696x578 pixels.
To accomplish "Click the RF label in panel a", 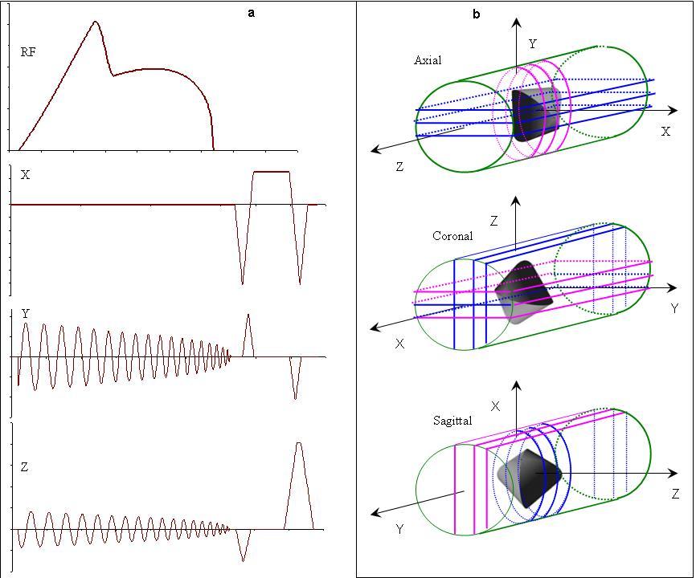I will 28,53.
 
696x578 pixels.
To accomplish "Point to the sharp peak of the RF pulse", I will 96,22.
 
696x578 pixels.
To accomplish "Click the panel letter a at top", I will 252,13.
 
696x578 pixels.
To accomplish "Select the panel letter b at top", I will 477,14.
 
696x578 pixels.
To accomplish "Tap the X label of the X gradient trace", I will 25,175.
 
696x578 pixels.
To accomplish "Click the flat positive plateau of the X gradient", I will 271,172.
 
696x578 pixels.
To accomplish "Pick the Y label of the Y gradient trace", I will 26,314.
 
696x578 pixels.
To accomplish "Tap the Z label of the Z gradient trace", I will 25,466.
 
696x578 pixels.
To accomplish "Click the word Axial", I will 428,60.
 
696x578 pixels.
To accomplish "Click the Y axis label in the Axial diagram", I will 532,45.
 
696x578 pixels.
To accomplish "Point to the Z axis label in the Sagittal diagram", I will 676,494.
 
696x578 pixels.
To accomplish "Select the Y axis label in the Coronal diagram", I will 674,308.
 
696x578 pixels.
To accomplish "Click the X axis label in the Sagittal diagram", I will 495,407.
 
